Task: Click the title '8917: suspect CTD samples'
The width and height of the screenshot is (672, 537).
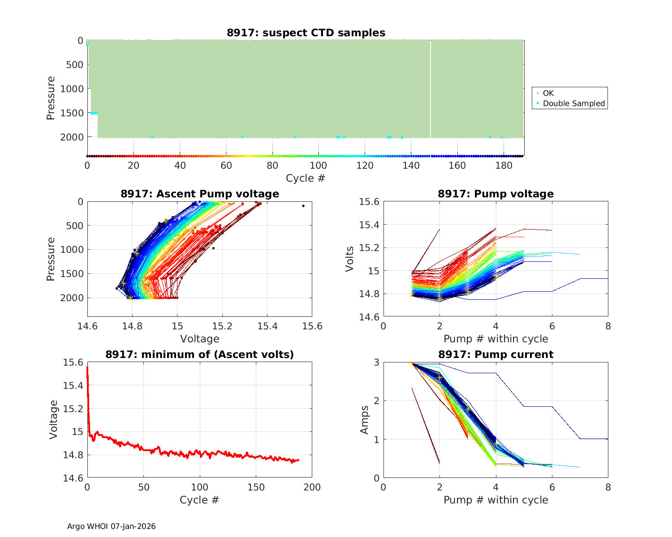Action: point(306,33)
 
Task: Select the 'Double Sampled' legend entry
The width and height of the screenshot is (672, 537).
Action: point(573,103)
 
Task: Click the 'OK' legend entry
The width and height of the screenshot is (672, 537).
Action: point(548,93)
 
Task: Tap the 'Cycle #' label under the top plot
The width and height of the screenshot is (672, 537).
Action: point(306,178)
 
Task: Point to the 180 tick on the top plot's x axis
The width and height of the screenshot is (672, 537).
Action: point(504,166)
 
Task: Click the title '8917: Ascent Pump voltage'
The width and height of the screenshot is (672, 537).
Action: point(200,194)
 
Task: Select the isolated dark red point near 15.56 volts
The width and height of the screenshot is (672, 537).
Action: point(303,206)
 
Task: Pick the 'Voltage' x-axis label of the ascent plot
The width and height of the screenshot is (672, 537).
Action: point(200,339)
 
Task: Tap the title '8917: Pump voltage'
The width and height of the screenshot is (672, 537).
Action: point(495,194)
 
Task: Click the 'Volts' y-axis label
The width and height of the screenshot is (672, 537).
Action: point(350,259)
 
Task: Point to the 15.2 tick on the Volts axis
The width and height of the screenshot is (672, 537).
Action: point(369,247)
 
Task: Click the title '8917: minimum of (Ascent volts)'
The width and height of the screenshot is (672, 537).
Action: point(200,354)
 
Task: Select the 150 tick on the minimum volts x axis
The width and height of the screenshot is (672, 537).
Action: point(256,487)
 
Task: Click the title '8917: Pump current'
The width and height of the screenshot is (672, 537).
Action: point(495,354)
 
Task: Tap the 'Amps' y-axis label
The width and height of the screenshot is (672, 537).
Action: point(365,420)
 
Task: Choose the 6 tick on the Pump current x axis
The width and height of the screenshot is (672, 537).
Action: point(552,487)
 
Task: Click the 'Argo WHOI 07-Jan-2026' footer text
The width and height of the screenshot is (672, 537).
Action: point(112,526)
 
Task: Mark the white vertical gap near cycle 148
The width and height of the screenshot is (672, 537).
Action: point(431,89)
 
